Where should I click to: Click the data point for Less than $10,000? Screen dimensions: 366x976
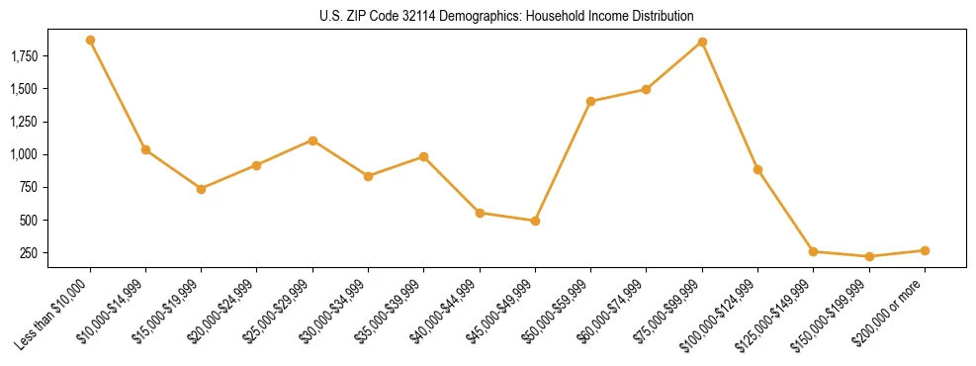tap(90, 41)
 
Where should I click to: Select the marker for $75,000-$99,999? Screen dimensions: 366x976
tap(702, 43)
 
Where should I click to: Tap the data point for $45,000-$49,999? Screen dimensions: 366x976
tap(535, 221)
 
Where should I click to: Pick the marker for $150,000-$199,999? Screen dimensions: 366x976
tap(869, 256)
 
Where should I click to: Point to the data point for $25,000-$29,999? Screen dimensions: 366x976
tap(312, 140)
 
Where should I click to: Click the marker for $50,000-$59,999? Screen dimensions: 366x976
tap(590, 101)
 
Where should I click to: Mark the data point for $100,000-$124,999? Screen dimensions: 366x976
tap(757, 169)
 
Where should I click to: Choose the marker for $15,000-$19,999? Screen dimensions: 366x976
tap(201, 189)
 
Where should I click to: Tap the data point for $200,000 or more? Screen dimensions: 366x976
tap(925, 250)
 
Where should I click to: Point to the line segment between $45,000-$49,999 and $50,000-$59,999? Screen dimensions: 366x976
tap(563, 161)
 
